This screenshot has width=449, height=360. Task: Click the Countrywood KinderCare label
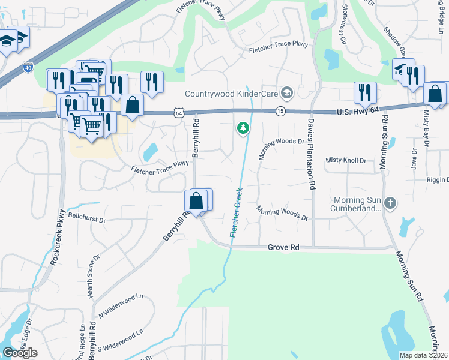point(232,94)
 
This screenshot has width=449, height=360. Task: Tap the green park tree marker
point(243,128)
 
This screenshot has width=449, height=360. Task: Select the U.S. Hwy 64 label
point(359,111)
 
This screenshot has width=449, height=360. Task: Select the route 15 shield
point(280,111)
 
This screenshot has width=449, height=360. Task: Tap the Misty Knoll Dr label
point(345,160)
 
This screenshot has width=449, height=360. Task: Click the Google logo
point(20,353)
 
